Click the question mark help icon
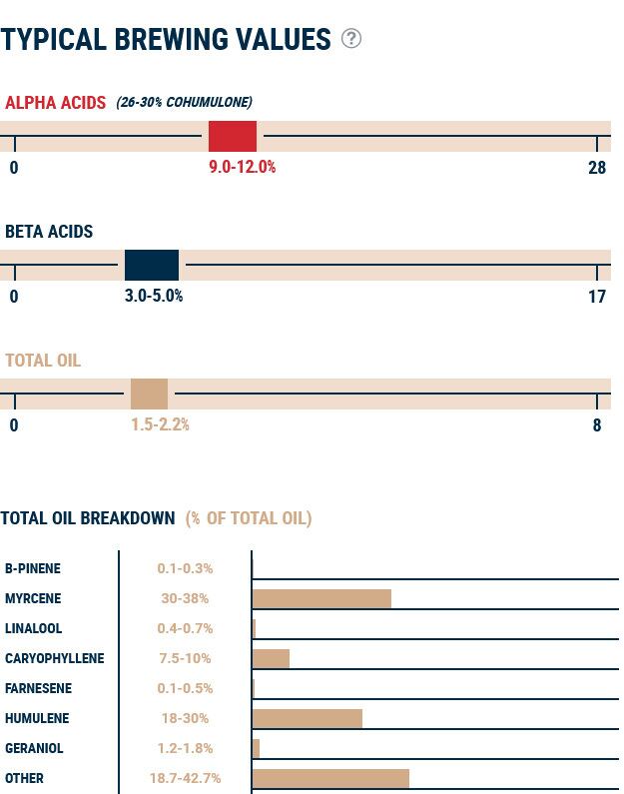point(350,38)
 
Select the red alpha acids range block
point(233,136)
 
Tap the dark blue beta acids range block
point(152,265)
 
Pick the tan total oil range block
point(149,394)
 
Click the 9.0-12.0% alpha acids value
point(242,167)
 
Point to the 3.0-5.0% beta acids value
point(154,296)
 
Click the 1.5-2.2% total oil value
point(160,424)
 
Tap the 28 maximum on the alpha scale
point(596,167)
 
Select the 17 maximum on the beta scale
point(596,296)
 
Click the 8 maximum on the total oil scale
point(597,424)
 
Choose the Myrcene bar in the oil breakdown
point(321,598)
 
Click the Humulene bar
point(308,718)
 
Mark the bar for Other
point(330,778)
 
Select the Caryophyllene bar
point(271,658)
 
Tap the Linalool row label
point(33,628)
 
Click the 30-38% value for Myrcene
point(185,598)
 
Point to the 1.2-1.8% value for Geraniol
point(185,748)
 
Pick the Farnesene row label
point(38,688)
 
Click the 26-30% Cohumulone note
point(184,102)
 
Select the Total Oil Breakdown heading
point(88,517)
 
